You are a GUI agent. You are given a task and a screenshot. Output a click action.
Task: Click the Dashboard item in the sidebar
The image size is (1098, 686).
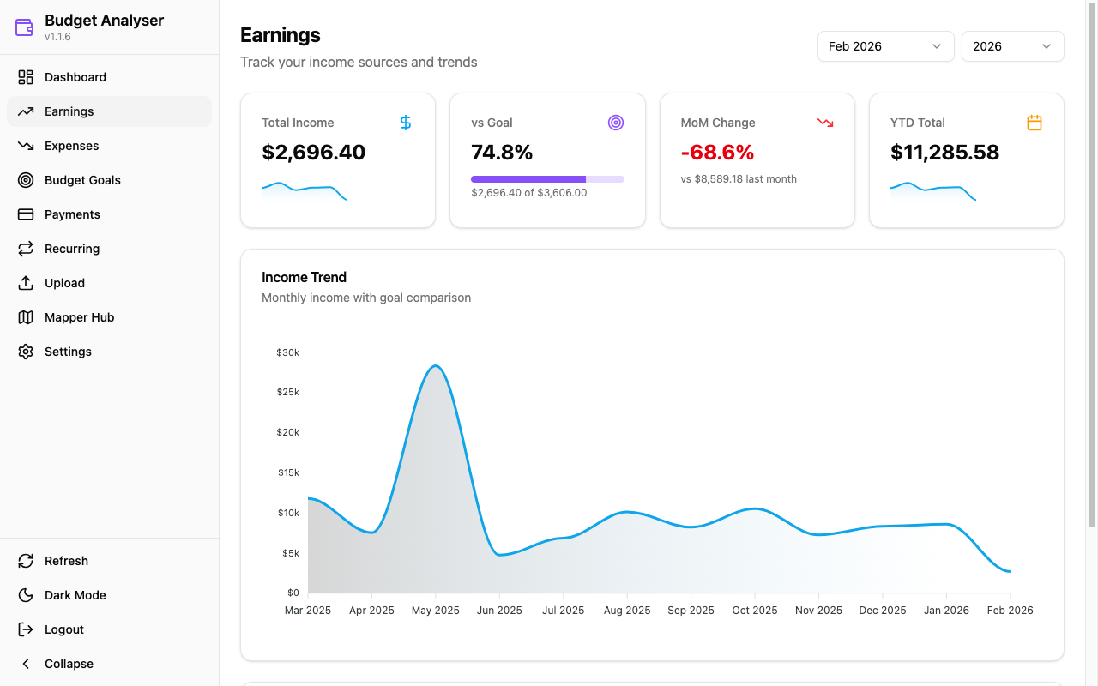75,77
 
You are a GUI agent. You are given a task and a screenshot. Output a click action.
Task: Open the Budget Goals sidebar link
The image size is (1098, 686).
82,180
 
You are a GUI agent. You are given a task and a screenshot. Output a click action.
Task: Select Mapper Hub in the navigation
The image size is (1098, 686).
79,317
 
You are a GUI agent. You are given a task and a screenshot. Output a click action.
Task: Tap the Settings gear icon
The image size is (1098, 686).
26,352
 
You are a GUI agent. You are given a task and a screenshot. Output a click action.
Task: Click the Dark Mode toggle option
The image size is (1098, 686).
75,595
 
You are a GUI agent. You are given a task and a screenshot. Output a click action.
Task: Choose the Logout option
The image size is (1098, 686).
63,629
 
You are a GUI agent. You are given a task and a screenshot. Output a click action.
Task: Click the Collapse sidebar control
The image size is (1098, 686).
69,664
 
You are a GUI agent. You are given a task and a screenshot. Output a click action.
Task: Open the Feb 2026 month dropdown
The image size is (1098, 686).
885,46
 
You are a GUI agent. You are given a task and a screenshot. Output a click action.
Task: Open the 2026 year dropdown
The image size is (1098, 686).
1012,46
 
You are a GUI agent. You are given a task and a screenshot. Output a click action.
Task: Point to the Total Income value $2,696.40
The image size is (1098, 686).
314,153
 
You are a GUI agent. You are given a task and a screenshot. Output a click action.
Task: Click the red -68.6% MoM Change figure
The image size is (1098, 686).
717,153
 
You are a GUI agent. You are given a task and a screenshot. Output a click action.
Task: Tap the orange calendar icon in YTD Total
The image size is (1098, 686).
1035,123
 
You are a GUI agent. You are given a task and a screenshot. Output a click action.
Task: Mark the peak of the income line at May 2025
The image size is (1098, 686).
436,366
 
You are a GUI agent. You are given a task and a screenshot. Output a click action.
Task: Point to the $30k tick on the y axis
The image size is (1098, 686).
287,352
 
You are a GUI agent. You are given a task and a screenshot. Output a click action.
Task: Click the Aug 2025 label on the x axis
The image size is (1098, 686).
627,611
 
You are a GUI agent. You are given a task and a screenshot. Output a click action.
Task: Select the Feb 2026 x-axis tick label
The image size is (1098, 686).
1010,611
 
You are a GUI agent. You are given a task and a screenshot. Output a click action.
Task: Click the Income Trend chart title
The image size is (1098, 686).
304,277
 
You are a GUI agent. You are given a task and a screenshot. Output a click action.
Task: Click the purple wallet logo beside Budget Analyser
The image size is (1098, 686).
24,27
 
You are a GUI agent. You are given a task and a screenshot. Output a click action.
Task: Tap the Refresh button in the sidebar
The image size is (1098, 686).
66,561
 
